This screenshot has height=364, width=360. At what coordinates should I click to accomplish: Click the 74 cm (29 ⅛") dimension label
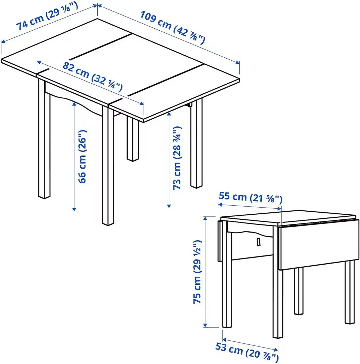(x=47, y=21)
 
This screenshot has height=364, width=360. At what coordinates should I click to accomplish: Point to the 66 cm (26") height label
(x=83, y=156)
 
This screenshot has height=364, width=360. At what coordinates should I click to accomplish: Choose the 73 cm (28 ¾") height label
(x=177, y=158)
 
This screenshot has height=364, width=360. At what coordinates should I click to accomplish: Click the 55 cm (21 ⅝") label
(x=250, y=197)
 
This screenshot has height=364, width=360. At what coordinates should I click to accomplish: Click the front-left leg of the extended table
(x=44, y=142)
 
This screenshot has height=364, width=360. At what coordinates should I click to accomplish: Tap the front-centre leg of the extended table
(x=108, y=169)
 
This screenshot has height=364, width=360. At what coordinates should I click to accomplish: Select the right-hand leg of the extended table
(x=196, y=145)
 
